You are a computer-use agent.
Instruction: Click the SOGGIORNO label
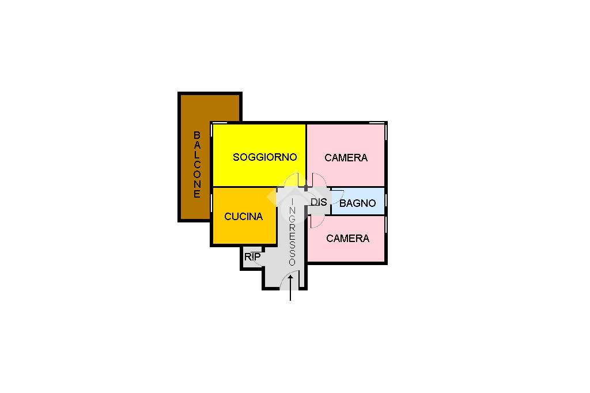pyautogui.click(x=264, y=157)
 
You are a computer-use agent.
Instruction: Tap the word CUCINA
pyautogui.click(x=243, y=217)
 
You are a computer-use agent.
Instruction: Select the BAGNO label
pyautogui.click(x=357, y=203)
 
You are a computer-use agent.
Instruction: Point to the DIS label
pyautogui.click(x=319, y=202)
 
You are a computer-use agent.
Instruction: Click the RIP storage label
pyautogui.click(x=252, y=257)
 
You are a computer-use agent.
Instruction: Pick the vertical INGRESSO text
pyautogui.click(x=292, y=232)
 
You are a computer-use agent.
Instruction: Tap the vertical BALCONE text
pyautogui.click(x=197, y=164)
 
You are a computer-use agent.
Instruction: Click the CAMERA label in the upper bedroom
pyautogui.click(x=346, y=157)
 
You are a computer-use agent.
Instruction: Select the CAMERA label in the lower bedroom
pyautogui.click(x=347, y=238)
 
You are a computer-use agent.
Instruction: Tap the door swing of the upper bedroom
pyautogui.click(x=318, y=179)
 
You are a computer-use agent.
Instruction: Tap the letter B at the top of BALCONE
pyautogui.click(x=197, y=135)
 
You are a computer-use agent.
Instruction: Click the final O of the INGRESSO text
pyautogui.click(x=292, y=262)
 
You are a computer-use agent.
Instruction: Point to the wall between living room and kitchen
pyautogui.click(x=245, y=187)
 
